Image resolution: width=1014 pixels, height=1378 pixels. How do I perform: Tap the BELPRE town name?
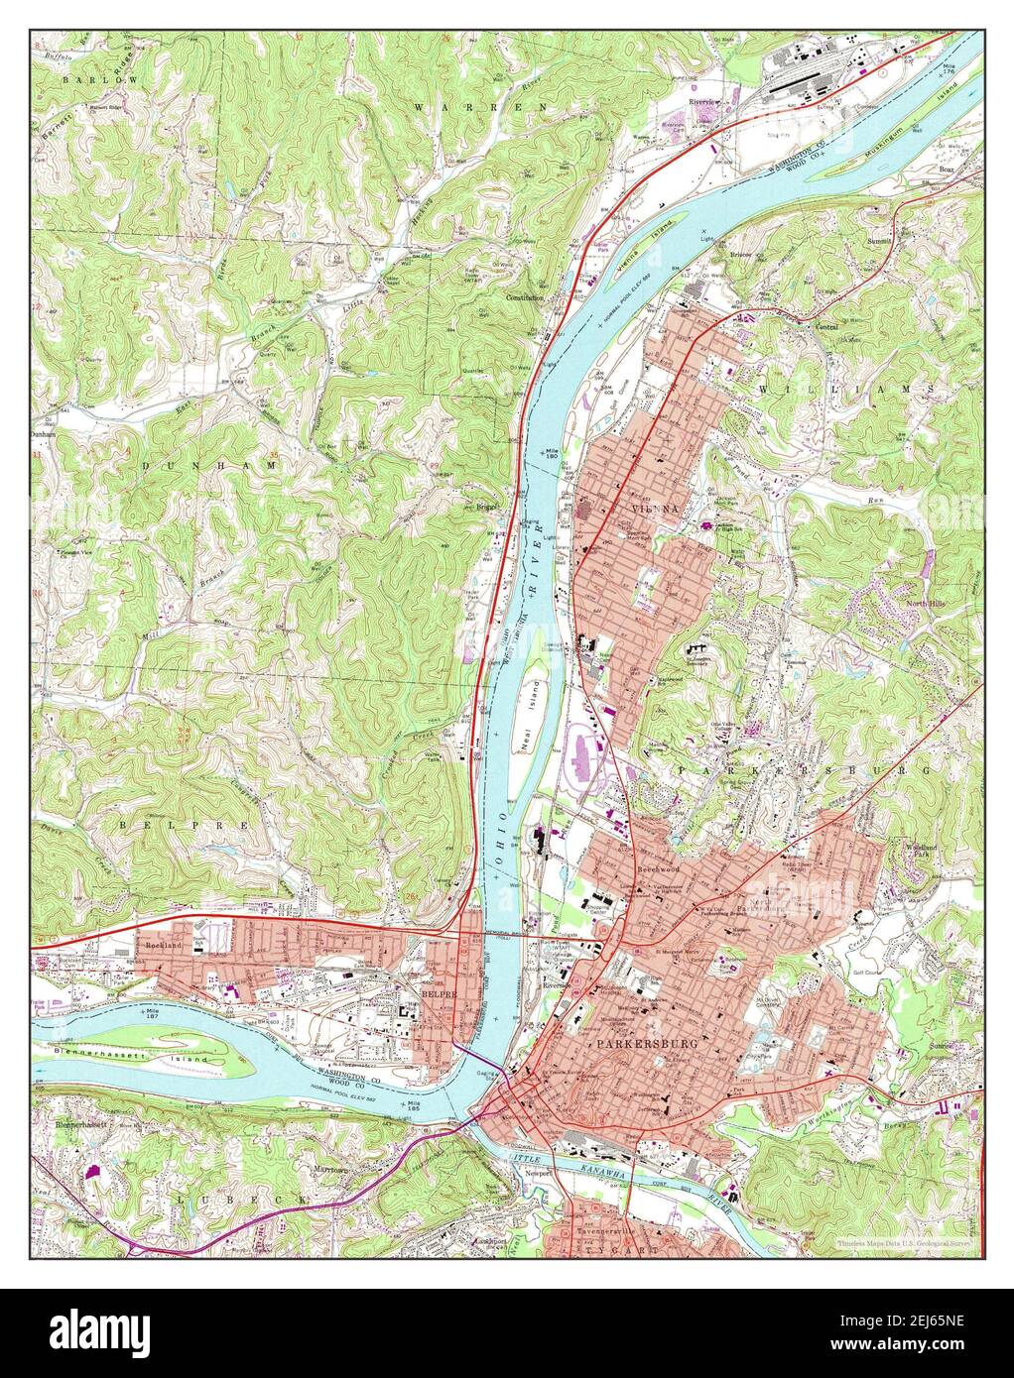coord(437,992)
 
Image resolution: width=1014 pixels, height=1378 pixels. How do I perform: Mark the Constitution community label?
coord(526,297)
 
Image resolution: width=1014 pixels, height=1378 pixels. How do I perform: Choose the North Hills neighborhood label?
coord(928,603)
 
